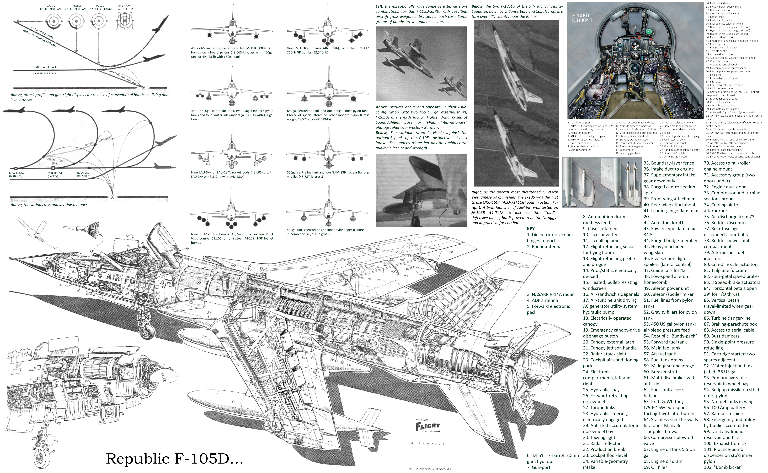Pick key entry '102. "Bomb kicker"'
tap(723, 467)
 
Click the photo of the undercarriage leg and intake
tap(421, 190)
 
